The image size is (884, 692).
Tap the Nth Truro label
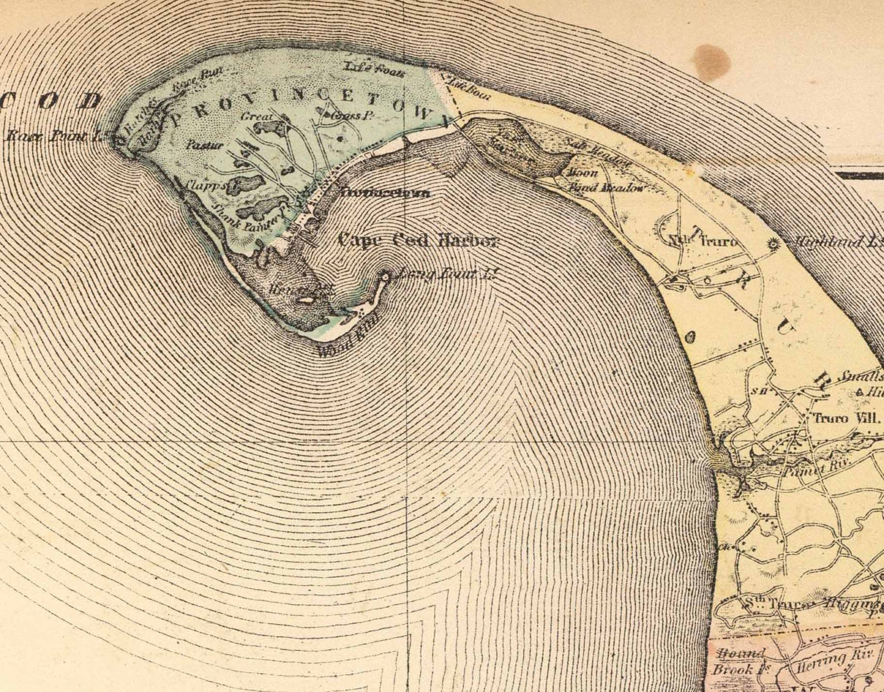point(704,242)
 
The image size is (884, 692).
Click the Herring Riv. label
point(827,662)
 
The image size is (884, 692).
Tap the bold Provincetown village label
point(385,193)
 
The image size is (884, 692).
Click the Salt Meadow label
point(598,152)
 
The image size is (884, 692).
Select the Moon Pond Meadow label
point(604,181)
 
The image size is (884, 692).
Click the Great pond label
point(257,116)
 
